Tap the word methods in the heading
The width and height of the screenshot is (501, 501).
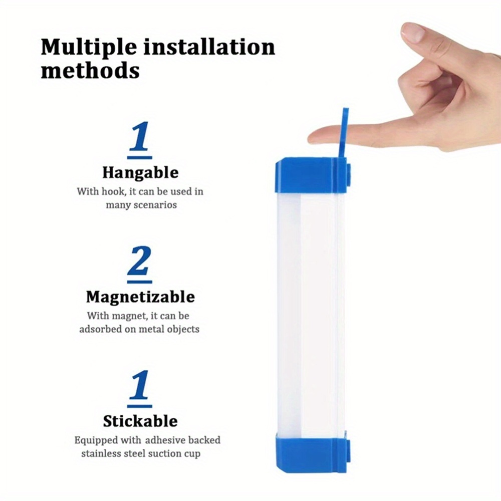tap(90, 71)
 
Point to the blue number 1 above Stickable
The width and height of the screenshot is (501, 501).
tap(140, 385)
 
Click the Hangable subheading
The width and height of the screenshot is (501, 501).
tap(140, 173)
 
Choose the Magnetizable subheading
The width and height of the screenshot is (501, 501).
tap(140, 297)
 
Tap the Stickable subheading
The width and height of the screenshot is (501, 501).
tap(140, 421)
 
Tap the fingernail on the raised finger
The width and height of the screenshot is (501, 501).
tap(413, 32)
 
